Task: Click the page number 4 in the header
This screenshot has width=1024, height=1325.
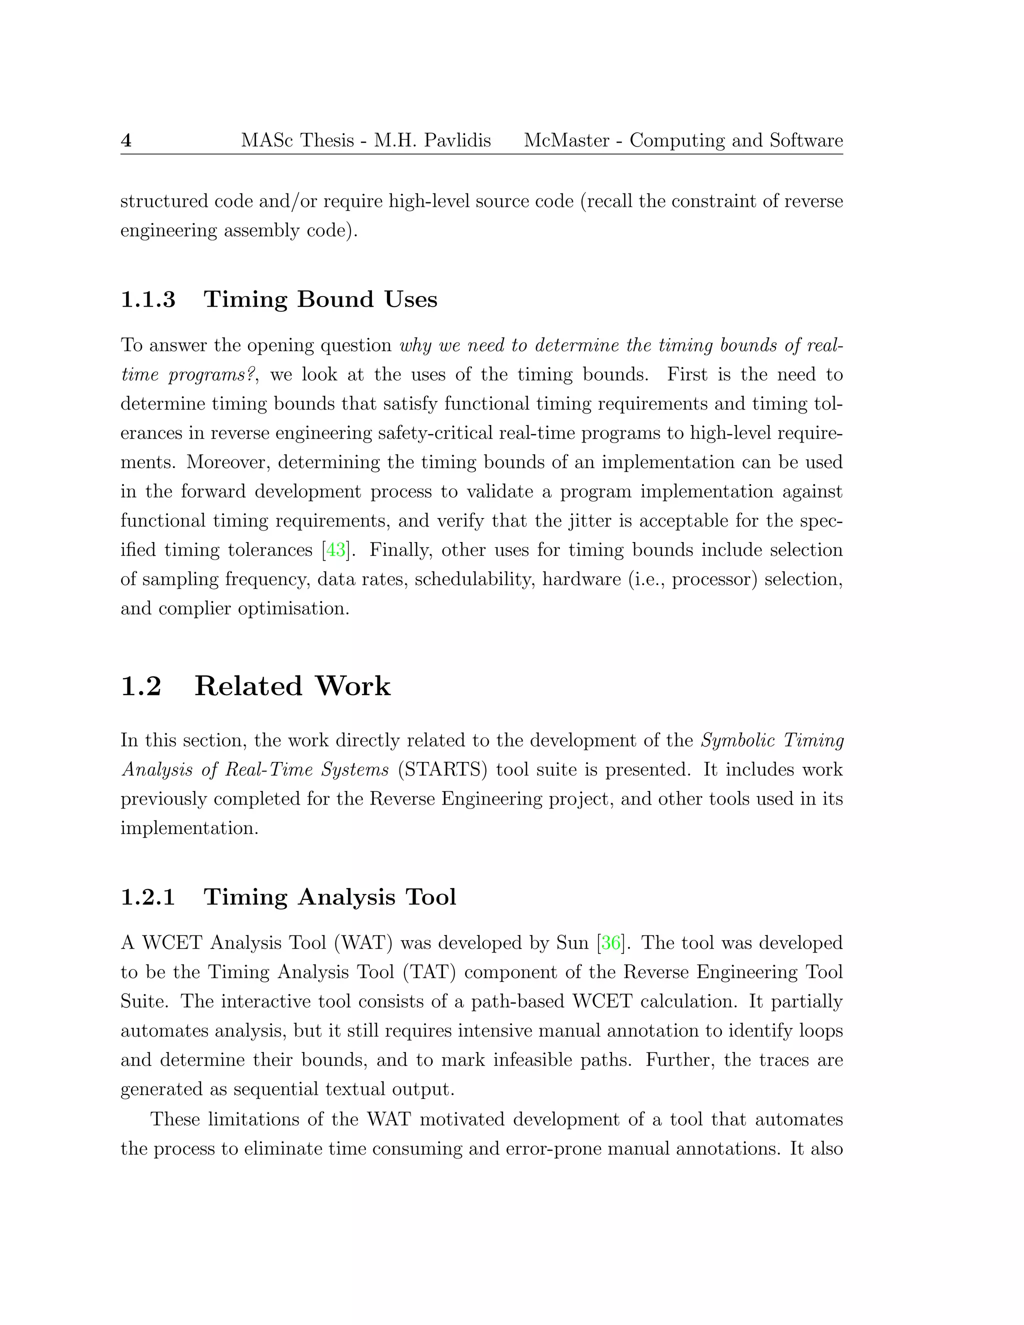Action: [126, 141]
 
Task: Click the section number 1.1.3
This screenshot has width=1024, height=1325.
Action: [148, 299]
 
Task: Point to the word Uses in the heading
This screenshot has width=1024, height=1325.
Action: [410, 299]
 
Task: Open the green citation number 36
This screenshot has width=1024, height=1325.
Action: [611, 943]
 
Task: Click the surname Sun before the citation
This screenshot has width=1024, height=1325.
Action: [572, 943]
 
